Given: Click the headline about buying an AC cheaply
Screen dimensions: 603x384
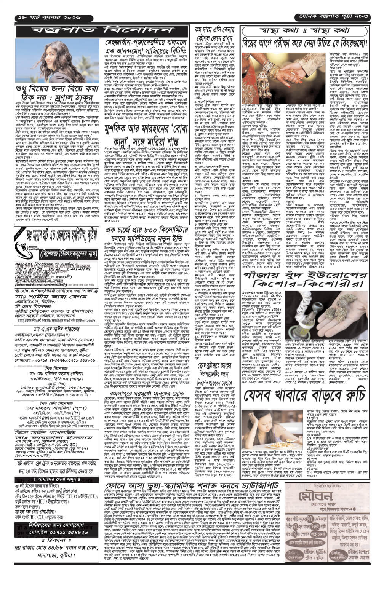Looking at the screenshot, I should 214,37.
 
